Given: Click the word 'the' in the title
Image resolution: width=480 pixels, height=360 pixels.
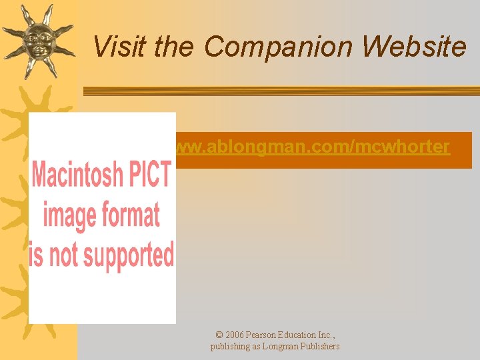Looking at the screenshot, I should (174, 47).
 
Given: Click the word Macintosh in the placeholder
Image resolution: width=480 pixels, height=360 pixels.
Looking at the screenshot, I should (77, 175).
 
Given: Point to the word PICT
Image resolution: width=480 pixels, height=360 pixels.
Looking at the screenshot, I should (149, 175).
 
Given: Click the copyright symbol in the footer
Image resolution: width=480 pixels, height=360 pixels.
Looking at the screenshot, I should (219, 335).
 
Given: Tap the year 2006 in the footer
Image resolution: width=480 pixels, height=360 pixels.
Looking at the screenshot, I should (234, 335).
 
